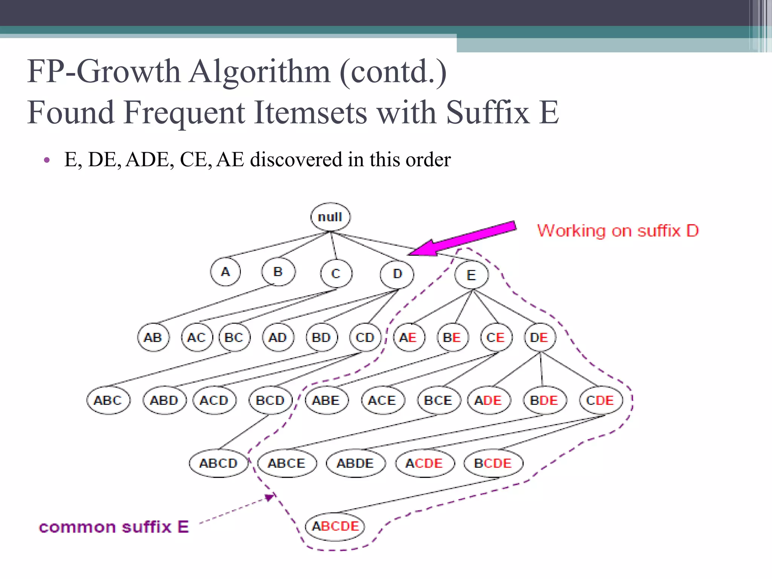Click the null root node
click(330, 217)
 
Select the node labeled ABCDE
click(335, 526)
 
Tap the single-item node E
click(471, 275)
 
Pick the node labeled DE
click(539, 337)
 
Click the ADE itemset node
click(489, 400)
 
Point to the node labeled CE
click(496, 337)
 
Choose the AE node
click(409, 337)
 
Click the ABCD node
click(218, 463)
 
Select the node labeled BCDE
click(493, 463)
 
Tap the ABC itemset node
click(108, 400)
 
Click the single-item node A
click(225, 271)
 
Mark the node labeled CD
click(365, 337)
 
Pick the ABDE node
click(355, 463)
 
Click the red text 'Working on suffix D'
click(618, 231)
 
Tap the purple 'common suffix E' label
click(114, 527)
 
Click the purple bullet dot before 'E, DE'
click(47, 160)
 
